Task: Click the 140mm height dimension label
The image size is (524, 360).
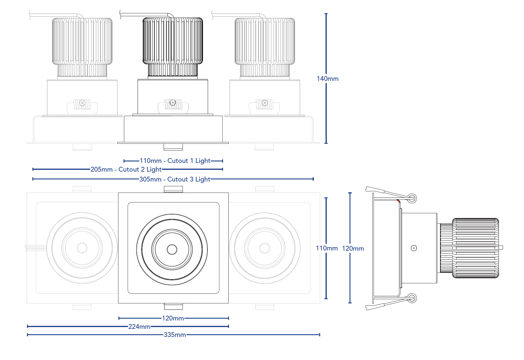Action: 327,78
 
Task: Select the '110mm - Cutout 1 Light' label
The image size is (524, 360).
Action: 175,161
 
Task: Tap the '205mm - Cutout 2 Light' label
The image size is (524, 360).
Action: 126,170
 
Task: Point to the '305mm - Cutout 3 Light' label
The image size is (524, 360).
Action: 175,179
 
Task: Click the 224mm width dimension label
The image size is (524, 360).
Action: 139,326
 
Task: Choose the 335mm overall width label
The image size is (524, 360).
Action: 175,335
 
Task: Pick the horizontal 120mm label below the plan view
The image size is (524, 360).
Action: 173,318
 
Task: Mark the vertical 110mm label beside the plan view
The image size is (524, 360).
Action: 326,248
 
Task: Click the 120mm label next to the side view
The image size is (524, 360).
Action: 353,248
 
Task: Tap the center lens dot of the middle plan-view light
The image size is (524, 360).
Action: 172,249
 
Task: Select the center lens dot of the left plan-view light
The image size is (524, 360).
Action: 82,248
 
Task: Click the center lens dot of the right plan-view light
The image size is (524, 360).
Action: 265,248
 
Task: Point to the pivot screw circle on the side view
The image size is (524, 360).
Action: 414,248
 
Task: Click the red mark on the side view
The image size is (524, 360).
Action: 398,201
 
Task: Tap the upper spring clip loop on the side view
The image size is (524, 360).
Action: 412,198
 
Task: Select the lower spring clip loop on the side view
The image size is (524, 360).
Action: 412,298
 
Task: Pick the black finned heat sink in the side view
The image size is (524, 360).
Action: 475,248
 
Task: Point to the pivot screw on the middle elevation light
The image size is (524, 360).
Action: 173,103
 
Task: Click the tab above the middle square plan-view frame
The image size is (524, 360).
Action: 173,189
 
